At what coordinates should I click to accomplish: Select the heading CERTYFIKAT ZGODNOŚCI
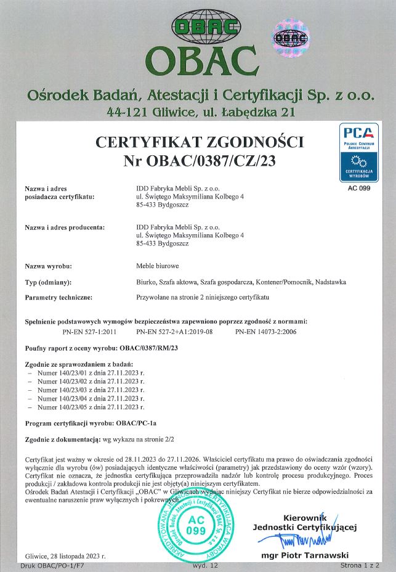click(x=200, y=143)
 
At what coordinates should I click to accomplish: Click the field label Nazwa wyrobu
click(x=49, y=266)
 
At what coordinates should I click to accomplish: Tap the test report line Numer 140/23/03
click(x=90, y=390)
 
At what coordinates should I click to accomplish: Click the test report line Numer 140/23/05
click(x=90, y=407)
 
